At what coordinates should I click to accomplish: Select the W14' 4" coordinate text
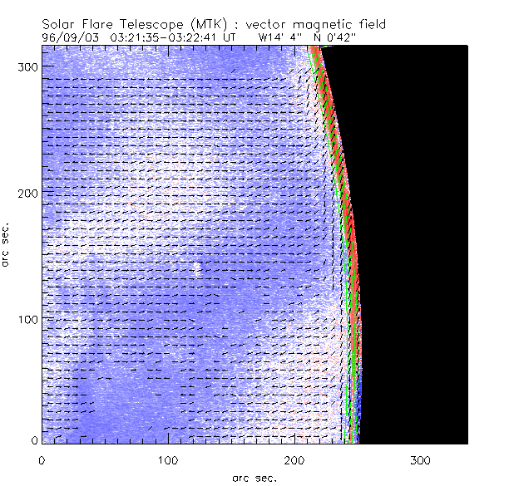click(279, 37)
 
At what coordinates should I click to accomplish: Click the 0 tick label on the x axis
click(41, 459)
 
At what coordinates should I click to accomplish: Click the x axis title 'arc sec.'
click(254, 478)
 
